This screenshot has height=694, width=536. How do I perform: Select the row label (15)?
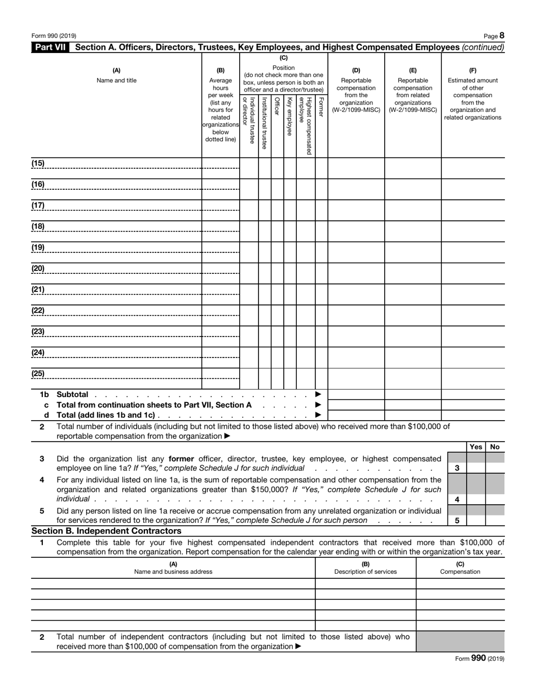(38, 164)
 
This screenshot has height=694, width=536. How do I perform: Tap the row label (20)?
(38, 268)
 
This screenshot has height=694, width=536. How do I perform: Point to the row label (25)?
(38, 373)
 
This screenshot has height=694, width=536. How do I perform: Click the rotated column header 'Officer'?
(276, 106)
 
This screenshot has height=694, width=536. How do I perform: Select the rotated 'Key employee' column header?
(289, 116)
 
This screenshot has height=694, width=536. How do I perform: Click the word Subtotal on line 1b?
(72, 394)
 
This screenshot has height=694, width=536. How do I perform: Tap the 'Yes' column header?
(476, 447)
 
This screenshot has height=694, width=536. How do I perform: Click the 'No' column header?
(495, 447)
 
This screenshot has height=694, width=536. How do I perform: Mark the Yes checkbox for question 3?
(476, 468)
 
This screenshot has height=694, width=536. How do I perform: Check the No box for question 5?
(495, 520)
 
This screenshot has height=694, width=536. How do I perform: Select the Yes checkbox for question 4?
(476, 499)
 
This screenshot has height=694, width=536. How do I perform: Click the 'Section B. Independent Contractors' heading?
(107, 531)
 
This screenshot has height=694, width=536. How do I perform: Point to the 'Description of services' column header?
(365, 571)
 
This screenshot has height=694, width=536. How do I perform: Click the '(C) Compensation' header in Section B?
(460, 568)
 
